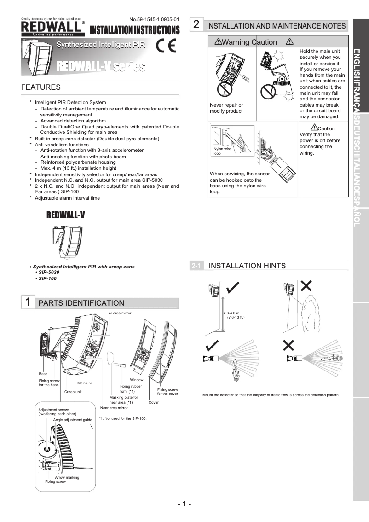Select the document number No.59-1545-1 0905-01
point(154,19)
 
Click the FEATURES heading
point(41,87)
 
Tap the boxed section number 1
point(28,302)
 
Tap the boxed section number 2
point(196,25)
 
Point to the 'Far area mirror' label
point(119,313)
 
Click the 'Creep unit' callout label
point(73,392)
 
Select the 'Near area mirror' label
point(114,408)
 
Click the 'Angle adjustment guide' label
point(72,420)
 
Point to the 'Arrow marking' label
point(67,477)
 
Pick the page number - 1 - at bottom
point(184,504)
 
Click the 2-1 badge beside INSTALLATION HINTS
point(196,266)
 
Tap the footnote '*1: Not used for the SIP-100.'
point(122,418)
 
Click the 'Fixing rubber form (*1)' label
point(131,389)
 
